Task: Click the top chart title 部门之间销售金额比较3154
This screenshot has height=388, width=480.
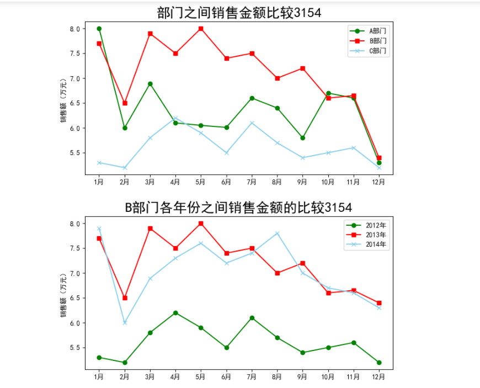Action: point(239,13)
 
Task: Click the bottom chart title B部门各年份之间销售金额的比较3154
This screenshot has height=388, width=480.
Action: point(238,208)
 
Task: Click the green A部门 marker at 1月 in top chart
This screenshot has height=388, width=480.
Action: point(99,29)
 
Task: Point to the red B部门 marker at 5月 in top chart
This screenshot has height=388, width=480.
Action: point(201,29)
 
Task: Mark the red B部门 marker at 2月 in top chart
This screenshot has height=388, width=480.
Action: point(125,103)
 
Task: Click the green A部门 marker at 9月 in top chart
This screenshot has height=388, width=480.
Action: point(303,138)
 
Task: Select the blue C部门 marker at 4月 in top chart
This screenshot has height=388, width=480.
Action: point(175,118)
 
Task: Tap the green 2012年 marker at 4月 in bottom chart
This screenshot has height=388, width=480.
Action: point(175,313)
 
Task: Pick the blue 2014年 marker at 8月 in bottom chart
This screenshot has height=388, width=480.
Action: point(278,233)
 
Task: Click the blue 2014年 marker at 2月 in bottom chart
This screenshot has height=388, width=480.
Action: point(125,323)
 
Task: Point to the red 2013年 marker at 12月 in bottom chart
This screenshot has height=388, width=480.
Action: point(379,303)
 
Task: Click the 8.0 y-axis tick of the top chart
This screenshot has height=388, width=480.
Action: point(75,29)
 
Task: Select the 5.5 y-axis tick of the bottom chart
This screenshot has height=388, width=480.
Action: point(75,348)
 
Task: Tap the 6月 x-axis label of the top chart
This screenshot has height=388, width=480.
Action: point(226,181)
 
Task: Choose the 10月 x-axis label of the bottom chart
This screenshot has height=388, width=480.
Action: point(328,376)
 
